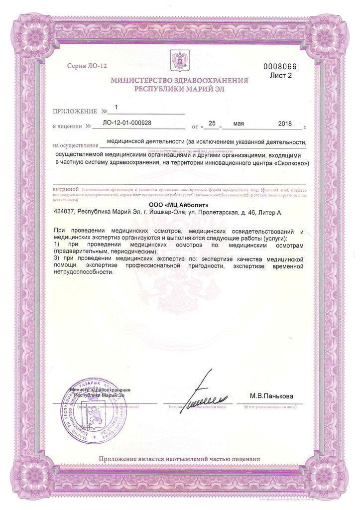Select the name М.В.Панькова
point(276,396)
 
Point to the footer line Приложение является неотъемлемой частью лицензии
point(179,459)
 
